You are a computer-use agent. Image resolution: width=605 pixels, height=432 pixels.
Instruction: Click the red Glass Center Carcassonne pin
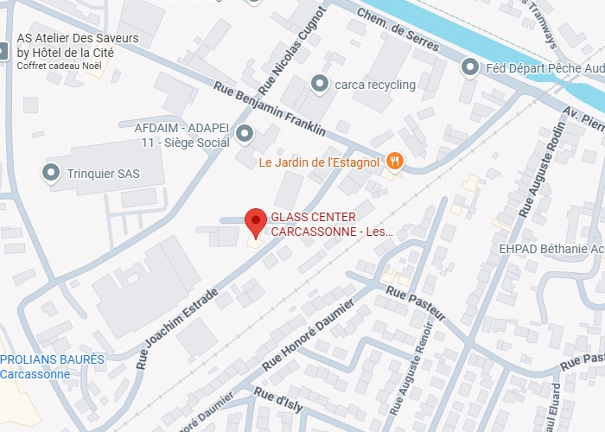[255, 222]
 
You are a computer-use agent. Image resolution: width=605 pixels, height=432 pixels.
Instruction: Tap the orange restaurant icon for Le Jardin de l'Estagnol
[395, 160]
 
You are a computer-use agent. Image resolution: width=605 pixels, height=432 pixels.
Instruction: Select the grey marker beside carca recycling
[321, 84]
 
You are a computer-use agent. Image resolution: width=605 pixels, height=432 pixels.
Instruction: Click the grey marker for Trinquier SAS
[50, 173]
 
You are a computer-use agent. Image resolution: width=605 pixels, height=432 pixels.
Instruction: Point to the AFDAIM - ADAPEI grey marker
[245, 133]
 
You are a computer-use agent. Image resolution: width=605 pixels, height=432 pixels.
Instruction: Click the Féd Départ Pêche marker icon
[470, 66]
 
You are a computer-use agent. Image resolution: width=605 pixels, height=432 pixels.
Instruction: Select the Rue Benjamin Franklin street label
[270, 109]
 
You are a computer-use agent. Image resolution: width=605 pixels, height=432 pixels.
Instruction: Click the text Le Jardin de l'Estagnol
[321, 162]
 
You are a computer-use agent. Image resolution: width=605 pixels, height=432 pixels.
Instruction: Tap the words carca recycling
[375, 85]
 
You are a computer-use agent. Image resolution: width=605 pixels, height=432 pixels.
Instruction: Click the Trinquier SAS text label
[103, 174]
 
